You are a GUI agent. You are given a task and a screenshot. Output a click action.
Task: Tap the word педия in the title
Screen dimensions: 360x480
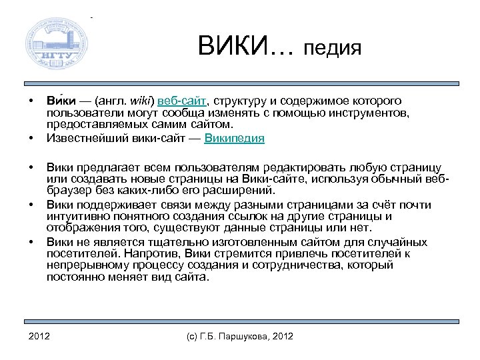coord(332,48)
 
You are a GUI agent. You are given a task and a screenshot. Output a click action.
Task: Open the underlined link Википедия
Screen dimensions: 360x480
coord(234,139)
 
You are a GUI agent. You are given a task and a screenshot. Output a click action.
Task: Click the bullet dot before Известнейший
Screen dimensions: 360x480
coord(30,139)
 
